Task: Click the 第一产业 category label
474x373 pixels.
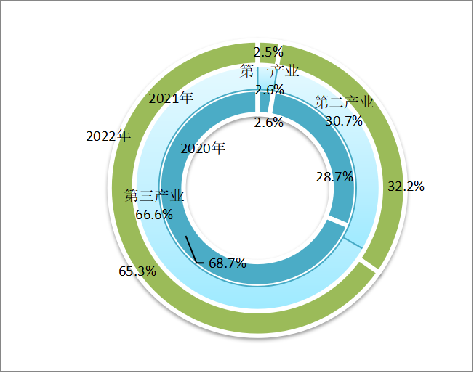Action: (270, 71)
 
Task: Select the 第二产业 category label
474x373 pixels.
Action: (345, 102)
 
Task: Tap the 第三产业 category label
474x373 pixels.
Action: (153, 196)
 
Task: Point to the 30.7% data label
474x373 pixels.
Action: (344, 120)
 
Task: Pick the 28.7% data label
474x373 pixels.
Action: (334, 176)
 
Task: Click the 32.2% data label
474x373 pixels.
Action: (406, 186)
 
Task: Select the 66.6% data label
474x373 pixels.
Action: (154, 214)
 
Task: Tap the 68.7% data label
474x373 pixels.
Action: (227, 263)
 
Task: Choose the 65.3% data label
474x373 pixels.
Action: (137, 271)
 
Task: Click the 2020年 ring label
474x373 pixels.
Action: (203, 149)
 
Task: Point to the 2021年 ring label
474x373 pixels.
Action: (171, 98)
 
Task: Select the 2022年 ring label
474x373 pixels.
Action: (108, 136)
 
